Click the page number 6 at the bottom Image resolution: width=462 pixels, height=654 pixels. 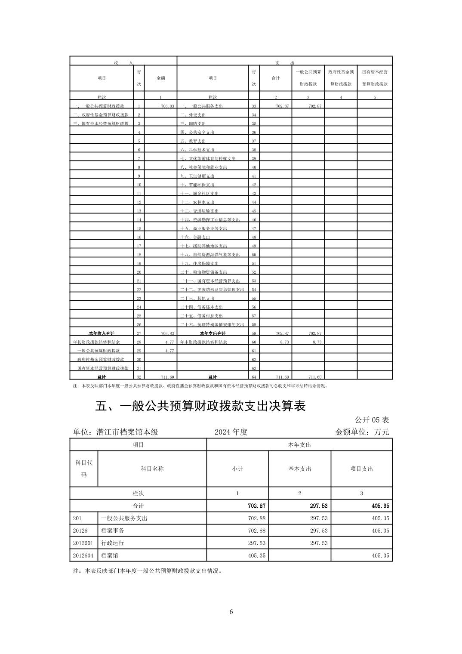point(231,611)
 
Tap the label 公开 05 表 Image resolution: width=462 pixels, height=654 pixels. point(372,420)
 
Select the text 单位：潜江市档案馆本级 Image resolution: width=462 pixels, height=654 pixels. point(116,432)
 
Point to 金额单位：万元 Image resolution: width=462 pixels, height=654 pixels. point(362,432)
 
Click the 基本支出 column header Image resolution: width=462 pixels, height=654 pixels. point(299,469)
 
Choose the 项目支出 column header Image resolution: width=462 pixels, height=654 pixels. point(361,469)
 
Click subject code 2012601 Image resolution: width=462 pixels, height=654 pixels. point(83,543)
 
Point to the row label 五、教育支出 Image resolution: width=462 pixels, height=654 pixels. point(193,141)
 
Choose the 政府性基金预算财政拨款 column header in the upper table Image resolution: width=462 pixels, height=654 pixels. point(341,78)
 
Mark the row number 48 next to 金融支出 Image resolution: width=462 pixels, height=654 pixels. point(254,237)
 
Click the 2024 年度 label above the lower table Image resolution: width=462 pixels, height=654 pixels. point(231,432)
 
